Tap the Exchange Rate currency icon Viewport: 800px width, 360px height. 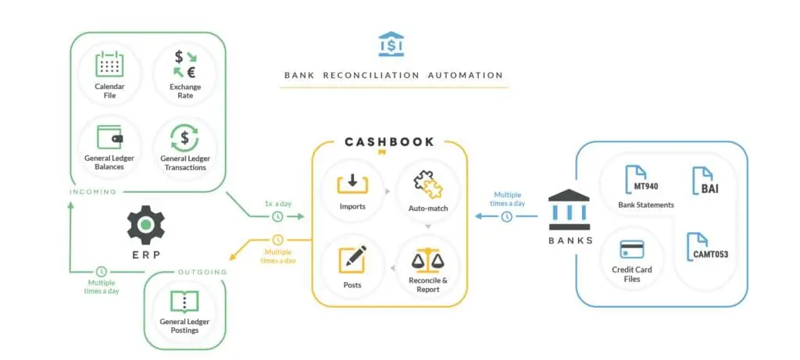tap(186, 65)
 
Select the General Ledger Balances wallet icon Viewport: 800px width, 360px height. tap(109, 137)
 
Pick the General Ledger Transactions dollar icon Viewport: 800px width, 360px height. tap(185, 138)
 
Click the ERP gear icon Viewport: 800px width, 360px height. tap(146, 225)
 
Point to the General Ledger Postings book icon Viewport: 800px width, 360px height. tap(185, 301)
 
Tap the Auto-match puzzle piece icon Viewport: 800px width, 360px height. tap(428, 186)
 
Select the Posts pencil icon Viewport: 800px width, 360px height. tap(352, 258)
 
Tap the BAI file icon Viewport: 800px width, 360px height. tap(702, 180)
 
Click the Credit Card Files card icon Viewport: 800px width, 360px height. tap(630, 250)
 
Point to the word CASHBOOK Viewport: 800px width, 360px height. tap(389, 142)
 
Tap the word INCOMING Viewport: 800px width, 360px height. tap(93, 191)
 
